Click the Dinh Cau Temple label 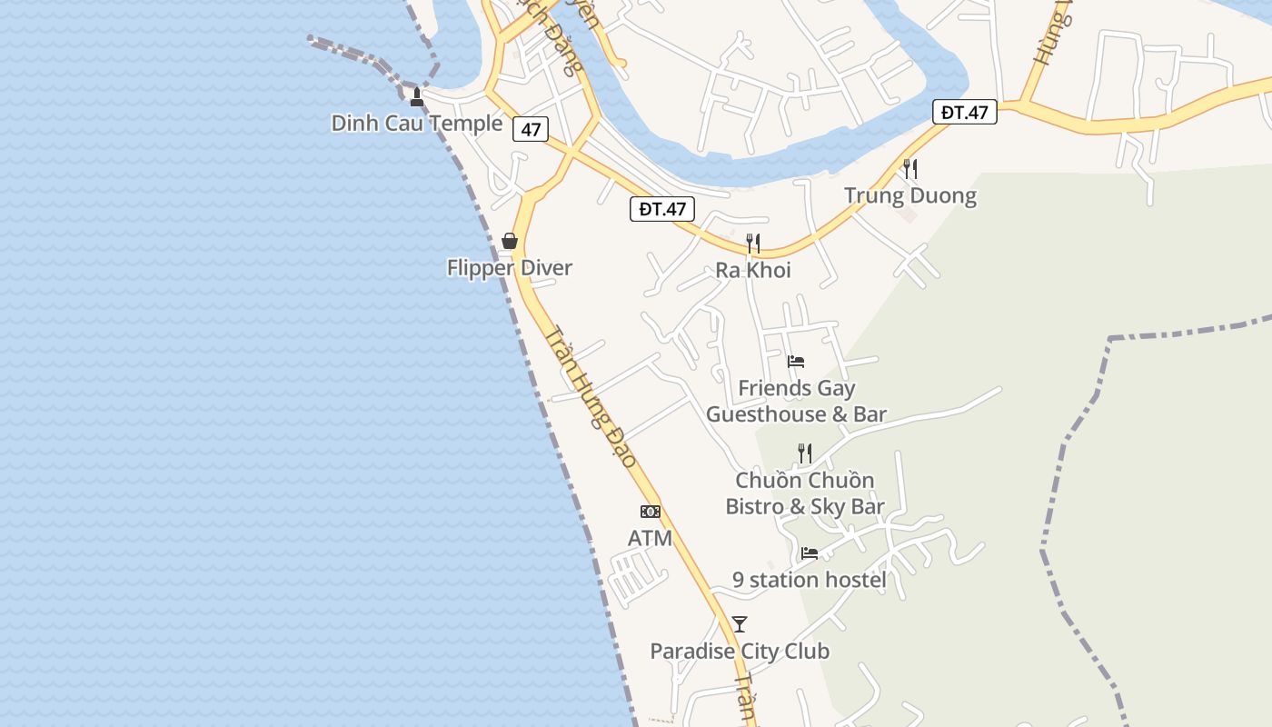click(416, 124)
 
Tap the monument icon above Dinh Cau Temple click(417, 97)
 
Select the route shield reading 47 click(531, 129)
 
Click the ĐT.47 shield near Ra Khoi click(662, 209)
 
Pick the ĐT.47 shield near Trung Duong click(964, 113)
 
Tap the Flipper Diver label click(509, 268)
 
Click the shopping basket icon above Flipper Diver click(510, 241)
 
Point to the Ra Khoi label click(753, 271)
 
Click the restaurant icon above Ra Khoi click(753, 243)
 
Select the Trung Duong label click(910, 196)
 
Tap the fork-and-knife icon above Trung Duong click(910, 168)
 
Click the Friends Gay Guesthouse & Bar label click(796, 402)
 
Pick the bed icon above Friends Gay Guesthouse click(796, 362)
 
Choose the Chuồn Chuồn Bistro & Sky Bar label click(805, 493)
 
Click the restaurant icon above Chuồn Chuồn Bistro click(804, 453)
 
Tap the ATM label click(651, 539)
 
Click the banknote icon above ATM click(651, 512)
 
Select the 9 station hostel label click(810, 580)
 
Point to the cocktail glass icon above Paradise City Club click(740, 624)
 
